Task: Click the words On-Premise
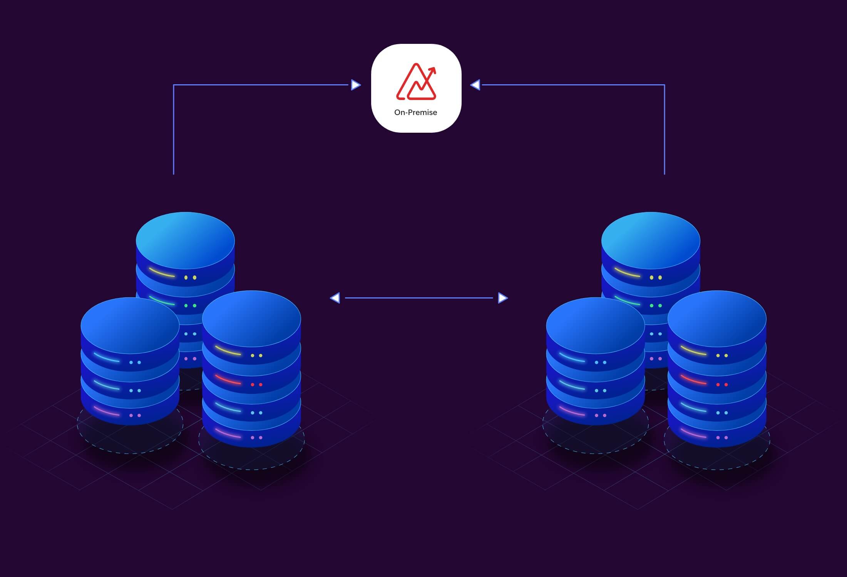click(x=415, y=112)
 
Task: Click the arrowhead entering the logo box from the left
click(x=356, y=85)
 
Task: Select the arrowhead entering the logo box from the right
click(x=475, y=85)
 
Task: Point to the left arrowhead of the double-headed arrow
click(x=335, y=298)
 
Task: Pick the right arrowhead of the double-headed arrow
click(x=502, y=298)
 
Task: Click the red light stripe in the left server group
click(x=228, y=380)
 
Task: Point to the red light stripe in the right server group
click(x=693, y=380)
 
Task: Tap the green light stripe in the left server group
click(x=162, y=300)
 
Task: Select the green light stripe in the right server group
click(x=627, y=300)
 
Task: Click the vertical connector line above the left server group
click(x=174, y=131)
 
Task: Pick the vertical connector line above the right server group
click(x=665, y=131)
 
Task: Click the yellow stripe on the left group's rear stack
click(x=162, y=272)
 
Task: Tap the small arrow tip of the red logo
click(x=433, y=70)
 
